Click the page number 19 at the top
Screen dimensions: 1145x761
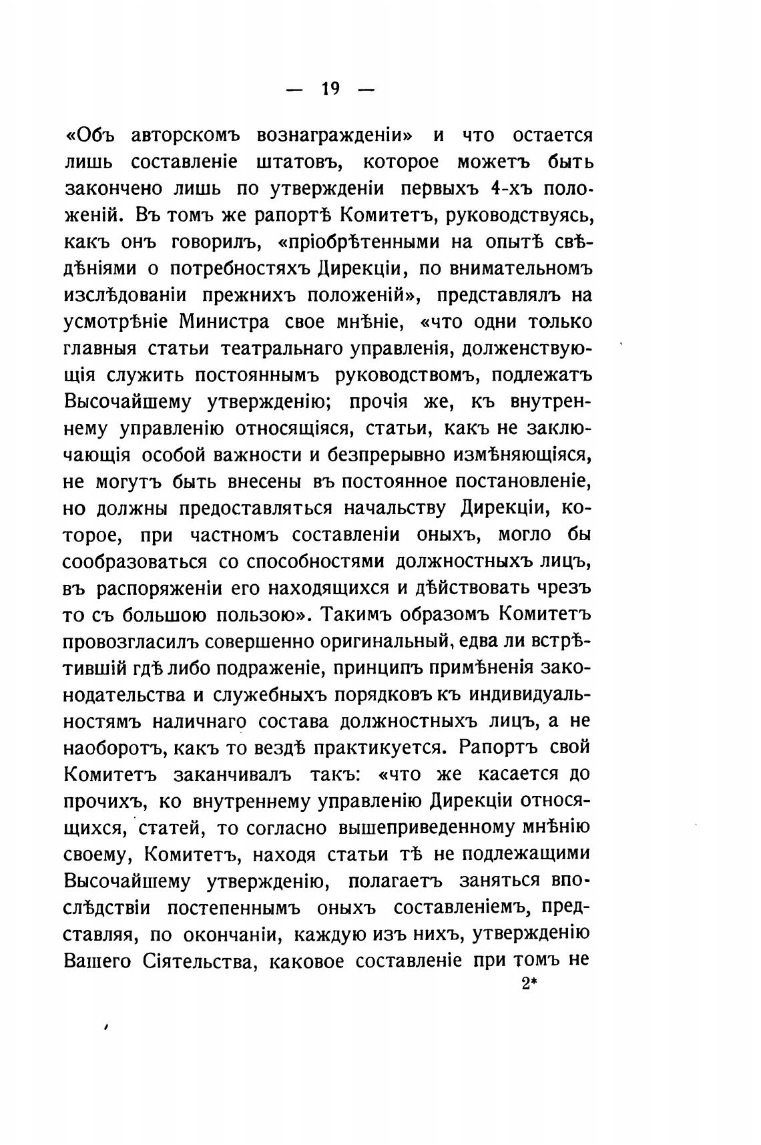[x=330, y=89]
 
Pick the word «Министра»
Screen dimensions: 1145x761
[x=224, y=322]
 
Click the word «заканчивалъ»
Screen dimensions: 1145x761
[x=232, y=775]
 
